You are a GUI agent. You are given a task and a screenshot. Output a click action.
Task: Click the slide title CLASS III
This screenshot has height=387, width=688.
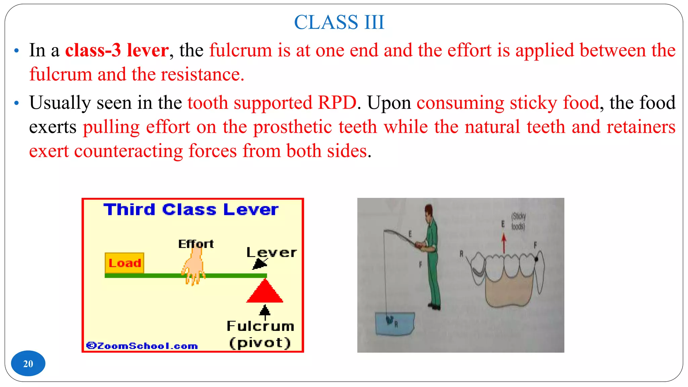(339, 23)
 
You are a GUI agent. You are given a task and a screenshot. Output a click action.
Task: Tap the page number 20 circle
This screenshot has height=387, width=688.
(28, 363)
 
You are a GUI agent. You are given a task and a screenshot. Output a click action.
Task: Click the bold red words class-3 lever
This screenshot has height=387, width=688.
(117, 50)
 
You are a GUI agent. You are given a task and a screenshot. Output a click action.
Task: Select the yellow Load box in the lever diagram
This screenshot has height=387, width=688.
(124, 263)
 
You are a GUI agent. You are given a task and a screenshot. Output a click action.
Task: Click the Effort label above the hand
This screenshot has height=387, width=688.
(196, 244)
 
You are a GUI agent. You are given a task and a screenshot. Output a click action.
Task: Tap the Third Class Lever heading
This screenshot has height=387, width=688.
(191, 210)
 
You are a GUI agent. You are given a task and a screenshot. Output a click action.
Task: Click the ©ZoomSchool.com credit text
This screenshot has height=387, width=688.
(142, 346)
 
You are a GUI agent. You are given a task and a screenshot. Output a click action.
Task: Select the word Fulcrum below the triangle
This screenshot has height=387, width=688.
(260, 326)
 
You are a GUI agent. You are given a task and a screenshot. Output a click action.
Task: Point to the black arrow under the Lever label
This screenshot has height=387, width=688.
(259, 264)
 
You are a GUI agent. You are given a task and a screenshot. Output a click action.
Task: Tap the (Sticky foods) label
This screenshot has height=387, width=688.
(518, 221)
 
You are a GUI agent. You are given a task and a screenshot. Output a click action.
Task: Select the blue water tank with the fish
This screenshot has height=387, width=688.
(394, 323)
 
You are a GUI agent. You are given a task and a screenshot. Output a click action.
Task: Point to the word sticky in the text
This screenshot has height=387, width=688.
(533, 103)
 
